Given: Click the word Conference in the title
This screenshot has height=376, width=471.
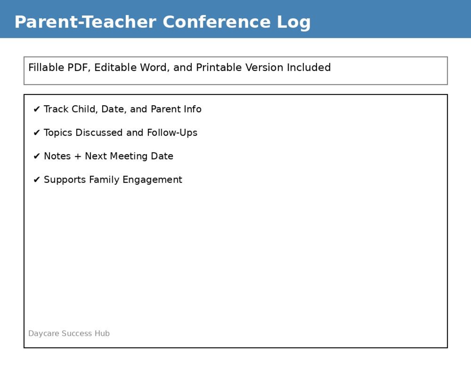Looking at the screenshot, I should pos(217,22).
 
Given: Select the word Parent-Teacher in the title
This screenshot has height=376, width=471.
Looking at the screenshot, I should pos(85,22).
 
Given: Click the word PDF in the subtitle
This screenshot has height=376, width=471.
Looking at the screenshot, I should pos(79,68).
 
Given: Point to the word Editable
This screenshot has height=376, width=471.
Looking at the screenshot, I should pos(115,68).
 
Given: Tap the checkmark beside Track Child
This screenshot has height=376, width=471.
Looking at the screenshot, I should pos(36,109).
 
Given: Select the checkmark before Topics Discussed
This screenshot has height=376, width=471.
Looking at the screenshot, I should pos(36,133).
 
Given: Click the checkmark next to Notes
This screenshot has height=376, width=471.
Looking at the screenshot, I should pos(36,156).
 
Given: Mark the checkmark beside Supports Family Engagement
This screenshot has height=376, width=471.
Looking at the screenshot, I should pos(36,180).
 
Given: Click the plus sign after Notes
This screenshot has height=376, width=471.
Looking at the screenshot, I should pos(78,156).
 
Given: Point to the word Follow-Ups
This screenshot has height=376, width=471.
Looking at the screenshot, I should pos(172,133).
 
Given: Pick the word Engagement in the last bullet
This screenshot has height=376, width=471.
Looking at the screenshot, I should pos(152,180).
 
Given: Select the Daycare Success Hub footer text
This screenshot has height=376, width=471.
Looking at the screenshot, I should pos(69,333).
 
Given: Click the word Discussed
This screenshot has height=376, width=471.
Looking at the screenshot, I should pos(99,133).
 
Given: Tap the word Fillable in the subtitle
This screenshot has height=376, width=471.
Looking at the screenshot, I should pos(46,68).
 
